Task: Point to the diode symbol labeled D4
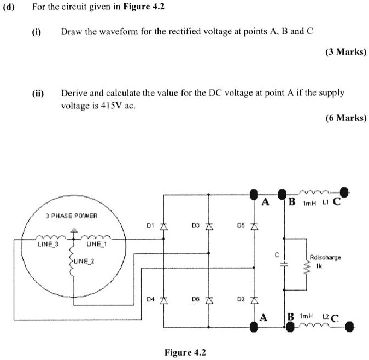[x=162, y=300]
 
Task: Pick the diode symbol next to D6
[x=208, y=300]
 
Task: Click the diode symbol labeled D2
[x=253, y=300]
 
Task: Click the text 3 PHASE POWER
[x=71, y=216]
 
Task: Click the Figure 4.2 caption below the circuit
[x=185, y=352]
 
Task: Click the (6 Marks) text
[x=345, y=117]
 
